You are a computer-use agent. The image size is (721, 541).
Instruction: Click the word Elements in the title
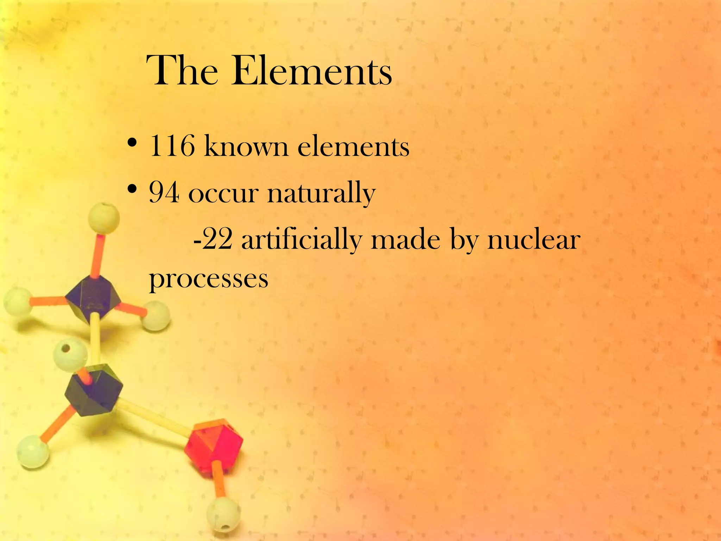(x=311, y=71)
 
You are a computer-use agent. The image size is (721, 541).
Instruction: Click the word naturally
(x=321, y=194)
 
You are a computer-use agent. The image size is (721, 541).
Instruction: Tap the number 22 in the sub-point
(x=217, y=240)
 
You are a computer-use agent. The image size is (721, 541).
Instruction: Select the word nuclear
(x=534, y=240)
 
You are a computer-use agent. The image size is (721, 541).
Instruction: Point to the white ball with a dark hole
(x=70, y=354)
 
